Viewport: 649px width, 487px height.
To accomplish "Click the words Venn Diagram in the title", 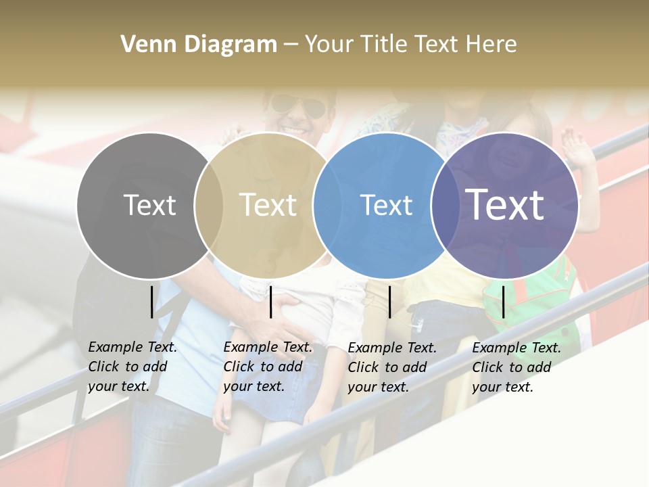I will [x=199, y=45].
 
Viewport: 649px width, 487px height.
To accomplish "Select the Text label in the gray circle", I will [x=149, y=206].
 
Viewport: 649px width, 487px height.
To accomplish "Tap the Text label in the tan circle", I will [x=268, y=206].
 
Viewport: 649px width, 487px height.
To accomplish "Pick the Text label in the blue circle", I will [x=386, y=206].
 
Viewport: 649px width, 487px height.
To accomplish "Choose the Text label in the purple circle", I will [x=505, y=205].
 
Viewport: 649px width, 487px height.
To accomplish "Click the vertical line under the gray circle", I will [x=151, y=302].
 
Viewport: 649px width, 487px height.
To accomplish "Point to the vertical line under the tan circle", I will [x=270, y=302].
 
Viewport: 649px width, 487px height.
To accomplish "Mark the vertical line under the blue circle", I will [x=390, y=302].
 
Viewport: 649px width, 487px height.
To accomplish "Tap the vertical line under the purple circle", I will [x=504, y=302].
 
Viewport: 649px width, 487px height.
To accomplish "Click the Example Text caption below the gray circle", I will [x=133, y=367].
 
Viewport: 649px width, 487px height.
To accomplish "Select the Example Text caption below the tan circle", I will [x=268, y=367].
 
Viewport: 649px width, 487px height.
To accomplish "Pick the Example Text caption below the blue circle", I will [x=392, y=367].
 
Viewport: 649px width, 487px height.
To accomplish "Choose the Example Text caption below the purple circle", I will [x=516, y=367].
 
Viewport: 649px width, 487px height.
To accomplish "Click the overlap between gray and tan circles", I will [x=209, y=206].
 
